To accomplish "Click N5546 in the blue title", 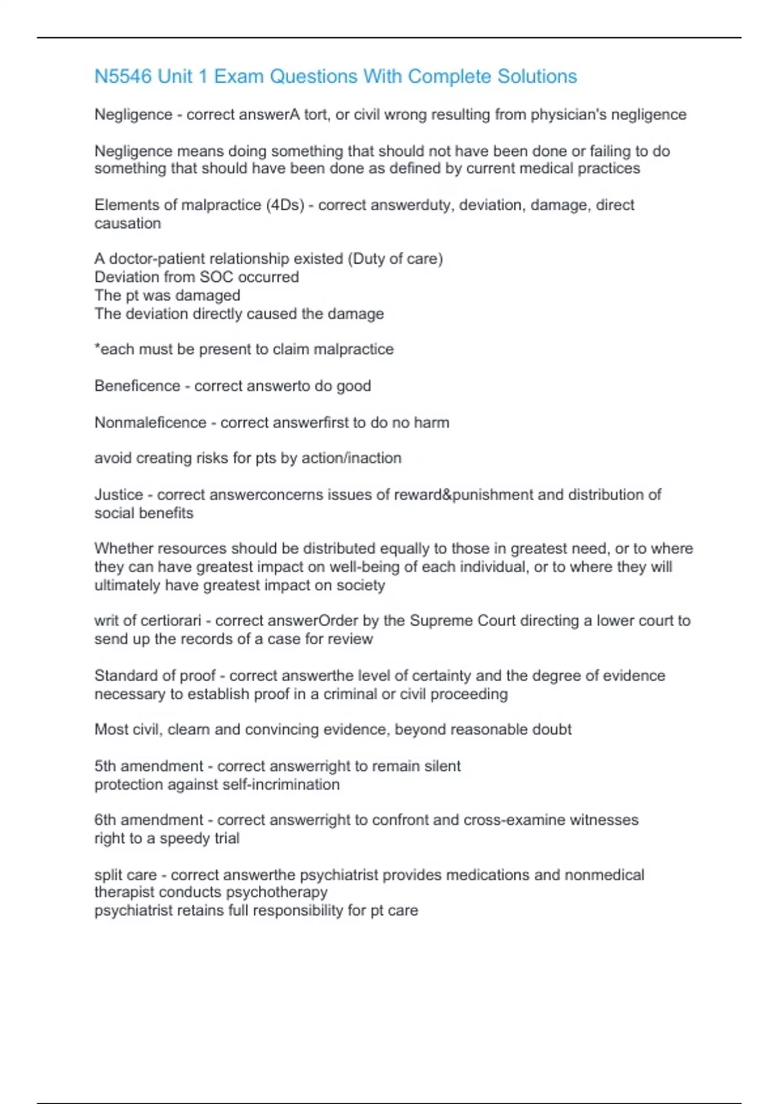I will coord(123,77).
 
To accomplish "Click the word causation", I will coord(127,223).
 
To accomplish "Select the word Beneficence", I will coord(137,386).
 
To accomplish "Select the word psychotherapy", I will coord(277,892).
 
